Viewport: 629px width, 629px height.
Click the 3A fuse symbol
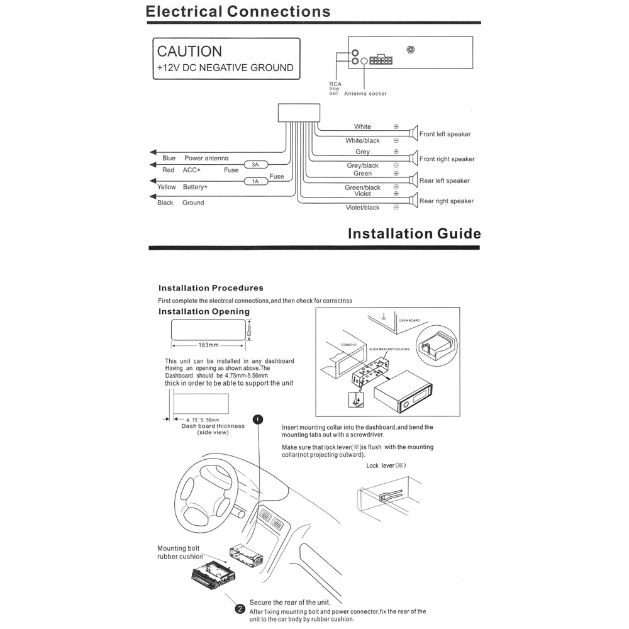coord(255,165)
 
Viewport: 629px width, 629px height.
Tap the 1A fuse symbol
coord(255,182)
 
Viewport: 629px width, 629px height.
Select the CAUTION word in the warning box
coord(189,52)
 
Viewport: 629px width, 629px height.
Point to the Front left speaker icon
coord(413,133)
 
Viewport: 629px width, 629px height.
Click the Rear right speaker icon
coord(413,201)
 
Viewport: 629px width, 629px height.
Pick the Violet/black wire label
coord(363,208)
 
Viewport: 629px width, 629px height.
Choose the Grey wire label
coord(363,152)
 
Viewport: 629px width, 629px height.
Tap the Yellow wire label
coord(167,187)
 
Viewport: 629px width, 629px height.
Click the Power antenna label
coord(206,158)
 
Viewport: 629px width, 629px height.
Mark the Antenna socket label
coord(365,94)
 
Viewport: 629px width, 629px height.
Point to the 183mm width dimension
coord(208,345)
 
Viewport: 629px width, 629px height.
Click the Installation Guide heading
coord(414,234)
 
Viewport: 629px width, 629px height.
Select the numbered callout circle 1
coord(257,419)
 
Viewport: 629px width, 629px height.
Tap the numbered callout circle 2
coord(240,608)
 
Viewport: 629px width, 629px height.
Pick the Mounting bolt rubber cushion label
coord(181,552)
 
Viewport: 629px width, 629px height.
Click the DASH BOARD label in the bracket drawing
coord(409,320)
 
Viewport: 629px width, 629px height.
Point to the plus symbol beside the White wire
coord(396,126)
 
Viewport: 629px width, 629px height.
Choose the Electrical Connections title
coord(238,11)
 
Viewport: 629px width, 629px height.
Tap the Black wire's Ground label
coord(193,203)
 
